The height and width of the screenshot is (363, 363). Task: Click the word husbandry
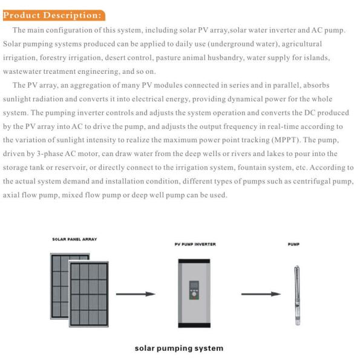[232, 57]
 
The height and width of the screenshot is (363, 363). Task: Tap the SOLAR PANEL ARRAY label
[74, 239]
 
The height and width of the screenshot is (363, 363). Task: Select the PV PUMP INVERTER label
[191, 244]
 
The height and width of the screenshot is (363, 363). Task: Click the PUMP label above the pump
[293, 244]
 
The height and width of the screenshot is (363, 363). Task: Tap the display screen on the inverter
[194, 284]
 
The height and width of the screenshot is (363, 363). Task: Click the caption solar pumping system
[178, 348]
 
